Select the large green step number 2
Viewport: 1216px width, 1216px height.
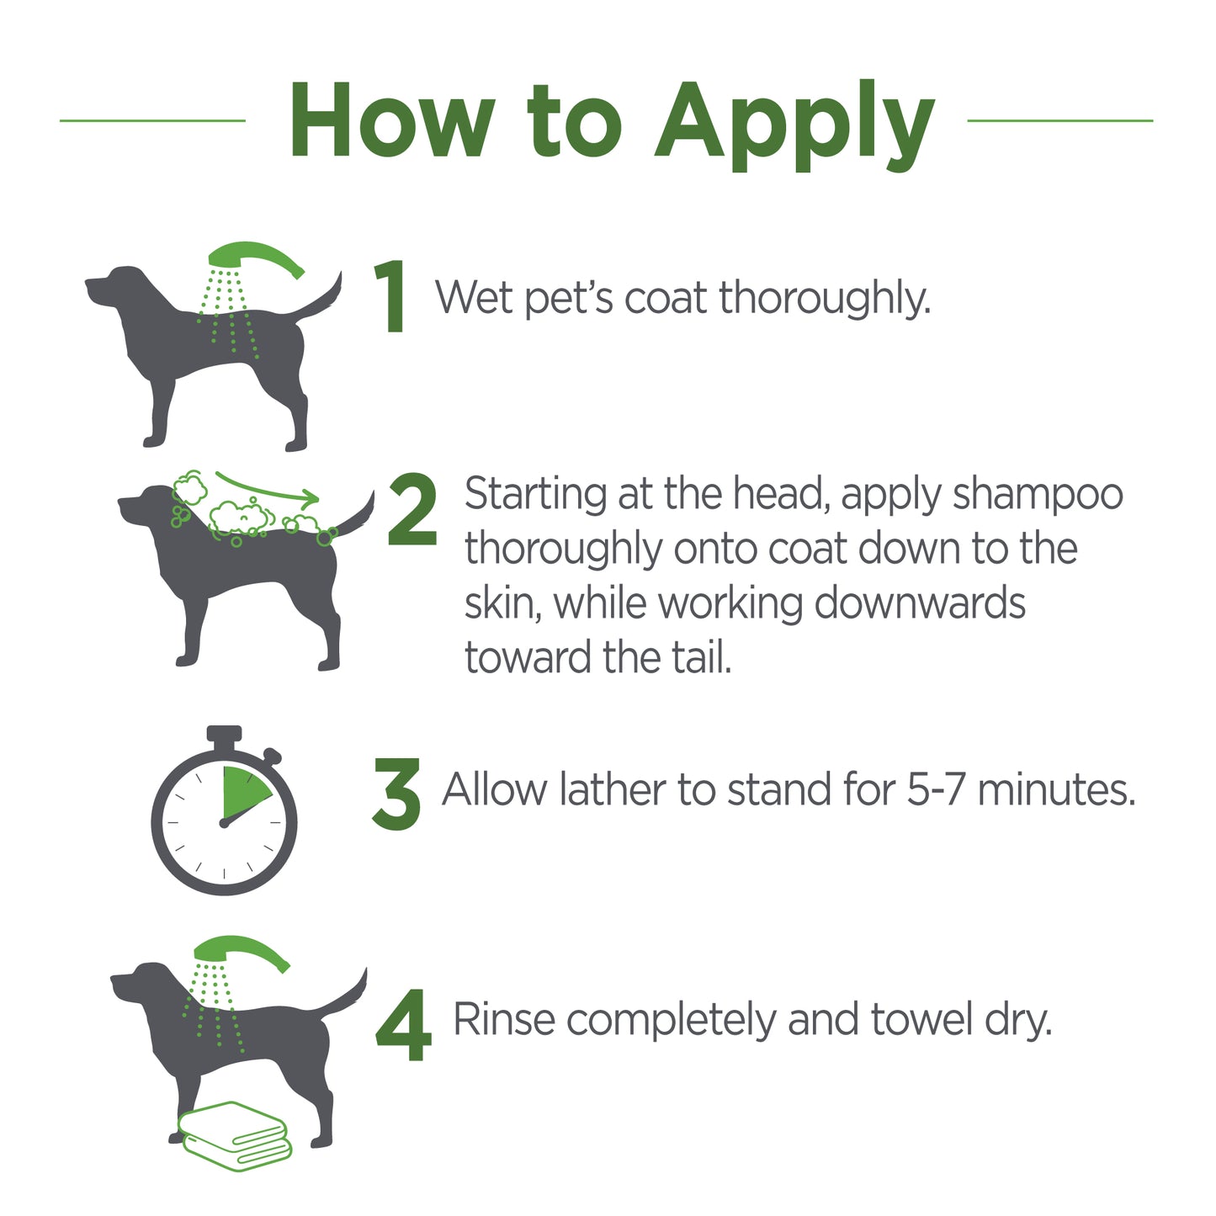pyautogui.click(x=412, y=509)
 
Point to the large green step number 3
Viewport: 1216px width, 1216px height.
pyautogui.click(x=396, y=794)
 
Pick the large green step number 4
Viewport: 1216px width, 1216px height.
pyautogui.click(x=404, y=1025)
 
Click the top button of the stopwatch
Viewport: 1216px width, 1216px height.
pyautogui.click(x=224, y=735)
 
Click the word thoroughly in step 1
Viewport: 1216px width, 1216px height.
pyautogui.click(x=825, y=298)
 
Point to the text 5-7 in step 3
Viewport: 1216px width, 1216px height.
pyautogui.click(x=937, y=790)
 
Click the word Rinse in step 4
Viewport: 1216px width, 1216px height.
pyautogui.click(x=503, y=1019)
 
